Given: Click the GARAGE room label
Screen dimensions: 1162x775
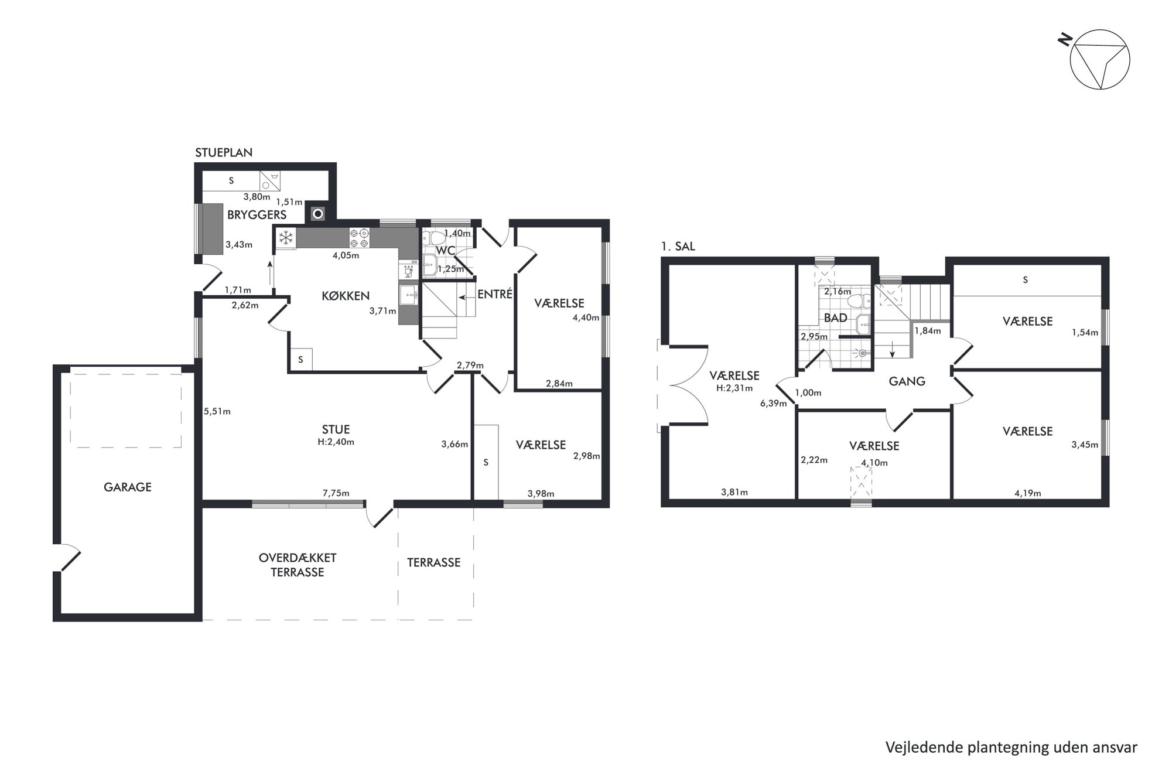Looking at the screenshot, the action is pos(128,487).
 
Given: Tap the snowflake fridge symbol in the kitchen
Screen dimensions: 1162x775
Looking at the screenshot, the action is pos(285,238).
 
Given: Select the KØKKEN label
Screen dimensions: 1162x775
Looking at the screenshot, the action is pos(346,296).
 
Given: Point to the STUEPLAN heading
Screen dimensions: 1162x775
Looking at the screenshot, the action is pos(224,152).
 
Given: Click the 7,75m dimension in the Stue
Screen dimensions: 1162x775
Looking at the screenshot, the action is pos(336,493).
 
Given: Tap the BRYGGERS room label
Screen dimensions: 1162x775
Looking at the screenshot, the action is pos(257,215).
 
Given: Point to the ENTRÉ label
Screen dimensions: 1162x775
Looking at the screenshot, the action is pos(495,294).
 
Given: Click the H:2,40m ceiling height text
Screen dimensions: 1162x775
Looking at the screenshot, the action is pos(336,442).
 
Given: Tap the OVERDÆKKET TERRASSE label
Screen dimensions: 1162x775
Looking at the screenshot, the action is pos(298,565).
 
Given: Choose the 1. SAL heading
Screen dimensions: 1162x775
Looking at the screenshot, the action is pos(678,247).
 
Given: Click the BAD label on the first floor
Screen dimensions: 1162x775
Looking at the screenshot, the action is pos(835,318).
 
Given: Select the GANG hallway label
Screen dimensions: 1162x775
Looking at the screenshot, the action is pos(907,381).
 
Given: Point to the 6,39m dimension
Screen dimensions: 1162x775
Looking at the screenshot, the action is pos(773,403).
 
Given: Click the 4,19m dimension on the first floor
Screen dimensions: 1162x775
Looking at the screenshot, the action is pos(1027,493).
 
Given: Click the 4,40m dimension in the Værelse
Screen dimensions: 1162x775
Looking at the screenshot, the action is pos(586,318).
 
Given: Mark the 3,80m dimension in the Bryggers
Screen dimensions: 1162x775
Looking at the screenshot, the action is pos(257,197).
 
